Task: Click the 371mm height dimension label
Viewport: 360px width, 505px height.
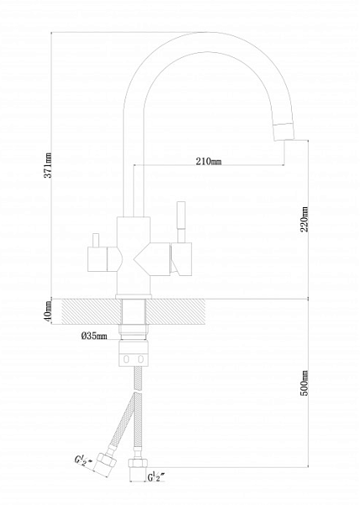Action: pyautogui.click(x=48, y=165)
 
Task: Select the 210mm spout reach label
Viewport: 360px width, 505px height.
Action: pyautogui.click(x=209, y=161)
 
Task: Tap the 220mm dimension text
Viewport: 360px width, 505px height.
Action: pyautogui.click(x=304, y=220)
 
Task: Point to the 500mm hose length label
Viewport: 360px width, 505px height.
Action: pyautogui.click(x=304, y=383)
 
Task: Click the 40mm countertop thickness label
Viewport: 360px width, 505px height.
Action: pyautogui.click(x=48, y=311)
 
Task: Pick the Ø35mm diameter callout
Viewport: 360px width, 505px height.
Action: pyautogui.click(x=94, y=336)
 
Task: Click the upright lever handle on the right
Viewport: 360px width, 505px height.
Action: pyautogui.click(x=181, y=222)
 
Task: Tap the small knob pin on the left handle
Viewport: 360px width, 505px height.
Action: pyautogui.click(x=96, y=240)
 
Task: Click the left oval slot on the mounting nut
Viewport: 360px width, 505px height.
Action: pyautogui.click(x=126, y=359)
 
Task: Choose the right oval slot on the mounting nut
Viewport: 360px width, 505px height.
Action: pyautogui.click(x=140, y=359)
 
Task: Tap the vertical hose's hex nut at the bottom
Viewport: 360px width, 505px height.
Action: pyautogui.click(x=138, y=462)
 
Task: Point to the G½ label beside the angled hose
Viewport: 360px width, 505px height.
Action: pyautogui.click(x=83, y=460)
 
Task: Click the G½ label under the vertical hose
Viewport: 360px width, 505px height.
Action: pyautogui.click(x=156, y=476)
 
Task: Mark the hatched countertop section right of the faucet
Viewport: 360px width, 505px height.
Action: pyautogui.click(x=176, y=311)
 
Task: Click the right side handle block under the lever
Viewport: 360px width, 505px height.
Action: pyautogui.click(x=182, y=259)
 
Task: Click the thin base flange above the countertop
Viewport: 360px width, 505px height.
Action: pyautogui.click(x=134, y=296)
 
